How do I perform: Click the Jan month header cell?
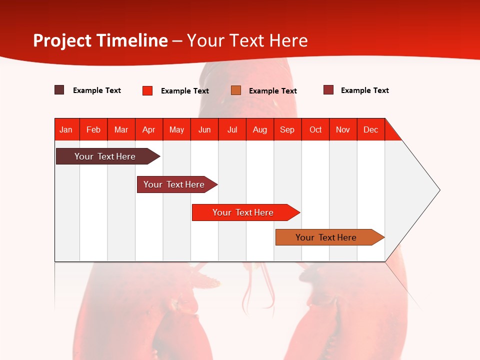click(66, 129)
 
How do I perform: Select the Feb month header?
click(93, 129)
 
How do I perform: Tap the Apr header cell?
click(149, 129)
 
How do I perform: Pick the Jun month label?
click(204, 129)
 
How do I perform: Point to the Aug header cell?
click(260, 129)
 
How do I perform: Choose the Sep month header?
click(287, 129)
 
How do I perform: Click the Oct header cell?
click(315, 129)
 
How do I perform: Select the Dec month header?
click(371, 129)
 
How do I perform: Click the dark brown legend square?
click(59, 90)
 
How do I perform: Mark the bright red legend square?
click(147, 90)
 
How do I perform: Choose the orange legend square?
click(236, 90)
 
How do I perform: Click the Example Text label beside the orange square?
click(272, 90)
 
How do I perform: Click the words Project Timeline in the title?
click(100, 40)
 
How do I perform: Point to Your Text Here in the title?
click(247, 40)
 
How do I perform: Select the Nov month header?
click(343, 129)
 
